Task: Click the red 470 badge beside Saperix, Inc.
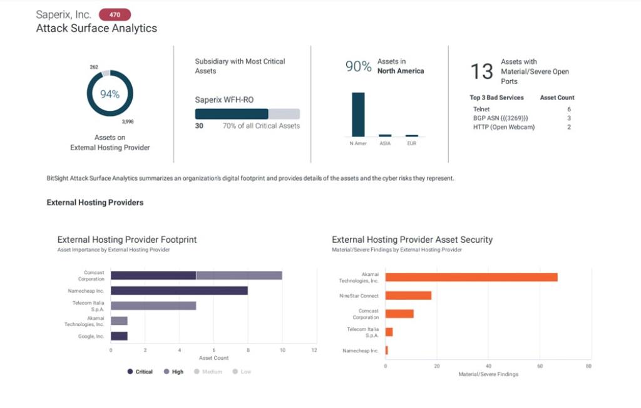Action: (115, 14)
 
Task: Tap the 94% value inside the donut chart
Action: (110, 94)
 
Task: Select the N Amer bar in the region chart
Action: (358, 115)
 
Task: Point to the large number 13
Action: (482, 72)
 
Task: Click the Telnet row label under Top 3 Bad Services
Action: (481, 110)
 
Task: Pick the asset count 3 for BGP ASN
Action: (569, 118)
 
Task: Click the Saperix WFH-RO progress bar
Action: (247, 114)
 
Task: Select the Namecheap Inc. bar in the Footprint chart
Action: (179, 290)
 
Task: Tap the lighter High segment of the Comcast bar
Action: (239, 275)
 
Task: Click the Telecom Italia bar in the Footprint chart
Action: (153, 306)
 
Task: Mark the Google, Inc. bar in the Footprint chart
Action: (119, 336)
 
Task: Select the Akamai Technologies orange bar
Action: (471, 277)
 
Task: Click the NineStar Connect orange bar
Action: (408, 295)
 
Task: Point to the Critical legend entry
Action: (140, 372)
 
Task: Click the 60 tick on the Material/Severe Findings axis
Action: (540, 365)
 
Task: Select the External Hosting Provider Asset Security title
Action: (412, 240)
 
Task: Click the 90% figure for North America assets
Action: (358, 66)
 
